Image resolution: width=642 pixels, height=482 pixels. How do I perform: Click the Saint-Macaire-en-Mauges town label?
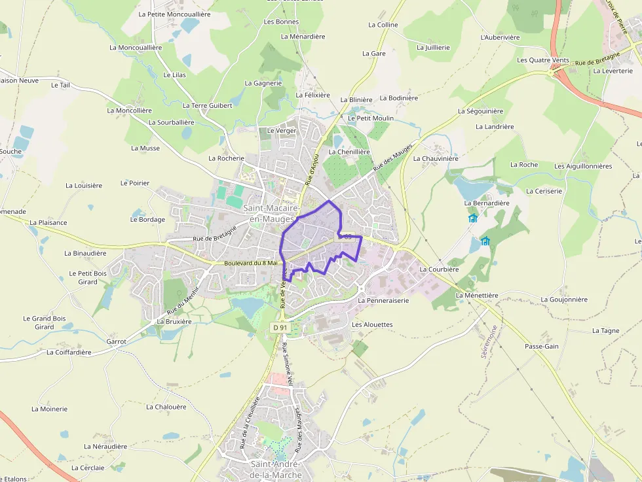click(x=269, y=213)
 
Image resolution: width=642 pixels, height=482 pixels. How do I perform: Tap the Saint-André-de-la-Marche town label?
click(x=276, y=469)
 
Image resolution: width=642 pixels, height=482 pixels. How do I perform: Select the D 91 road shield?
click(x=280, y=327)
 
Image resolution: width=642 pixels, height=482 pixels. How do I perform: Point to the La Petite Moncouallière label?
click(x=174, y=13)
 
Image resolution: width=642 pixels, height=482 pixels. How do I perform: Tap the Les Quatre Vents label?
click(x=543, y=60)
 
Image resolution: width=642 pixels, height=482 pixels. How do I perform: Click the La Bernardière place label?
click(x=487, y=203)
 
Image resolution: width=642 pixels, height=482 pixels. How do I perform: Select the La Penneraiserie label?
click(x=383, y=300)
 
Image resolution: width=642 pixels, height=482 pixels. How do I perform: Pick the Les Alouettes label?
click(x=372, y=324)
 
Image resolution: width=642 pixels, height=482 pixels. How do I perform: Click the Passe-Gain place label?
click(x=541, y=346)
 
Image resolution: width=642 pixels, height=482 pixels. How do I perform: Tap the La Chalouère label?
click(x=166, y=406)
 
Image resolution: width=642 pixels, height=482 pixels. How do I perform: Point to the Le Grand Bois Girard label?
click(x=45, y=322)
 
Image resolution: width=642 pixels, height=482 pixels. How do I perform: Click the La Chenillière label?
click(x=349, y=152)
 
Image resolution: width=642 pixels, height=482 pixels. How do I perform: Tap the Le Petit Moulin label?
click(x=370, y=118)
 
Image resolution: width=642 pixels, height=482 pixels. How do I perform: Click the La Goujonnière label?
click(x=564, y=300)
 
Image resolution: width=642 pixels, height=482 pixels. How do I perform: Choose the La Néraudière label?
click(x=105, y=446)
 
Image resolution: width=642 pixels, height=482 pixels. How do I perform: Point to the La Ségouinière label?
click(x=480, y=111)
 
